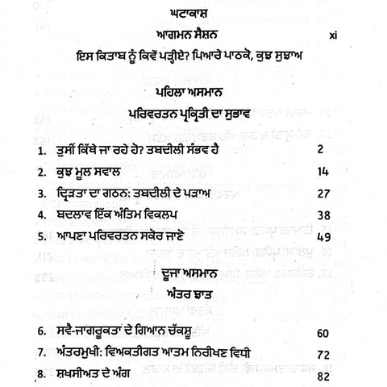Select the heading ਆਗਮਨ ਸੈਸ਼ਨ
193,37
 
